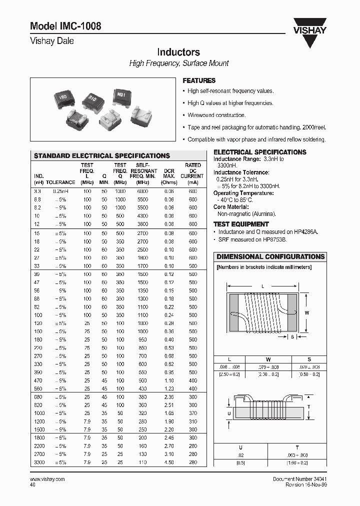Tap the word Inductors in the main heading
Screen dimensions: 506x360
[178, 52]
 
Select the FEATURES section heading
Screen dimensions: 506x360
[199, 80]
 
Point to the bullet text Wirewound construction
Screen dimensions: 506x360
[216, 115]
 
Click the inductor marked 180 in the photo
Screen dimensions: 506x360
[63, 97]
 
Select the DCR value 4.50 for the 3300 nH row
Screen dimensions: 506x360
[168, 462]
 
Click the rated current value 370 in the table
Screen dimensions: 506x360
[193, 413]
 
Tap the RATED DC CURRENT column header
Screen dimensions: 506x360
[192, 170]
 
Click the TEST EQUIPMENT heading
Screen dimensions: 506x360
[241, 224]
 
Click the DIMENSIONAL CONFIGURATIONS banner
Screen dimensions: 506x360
[270, 256]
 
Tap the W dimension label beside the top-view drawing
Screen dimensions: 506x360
[307, 312]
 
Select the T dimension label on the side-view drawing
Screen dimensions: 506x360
[308, 406]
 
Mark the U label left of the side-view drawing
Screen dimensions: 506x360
[229, 413]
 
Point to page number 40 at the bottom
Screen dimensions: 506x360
[33, 484]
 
